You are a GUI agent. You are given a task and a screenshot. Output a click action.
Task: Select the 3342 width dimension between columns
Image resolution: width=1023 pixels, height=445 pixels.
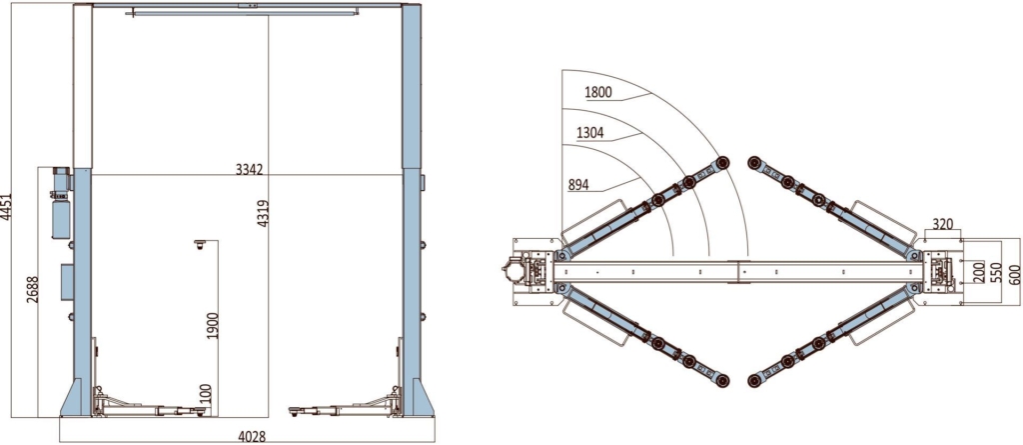pyautogui.click(x=249, y=170)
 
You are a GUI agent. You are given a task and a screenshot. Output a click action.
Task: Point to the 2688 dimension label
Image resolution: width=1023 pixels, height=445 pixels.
pyautogui.click(x=33, y=289)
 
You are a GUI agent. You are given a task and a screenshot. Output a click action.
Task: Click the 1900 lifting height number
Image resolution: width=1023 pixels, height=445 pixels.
pyautogui.click(x=213, y=325)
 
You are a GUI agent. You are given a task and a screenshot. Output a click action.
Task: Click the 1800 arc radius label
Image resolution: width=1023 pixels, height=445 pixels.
pyautogui.click(x=598, y=92)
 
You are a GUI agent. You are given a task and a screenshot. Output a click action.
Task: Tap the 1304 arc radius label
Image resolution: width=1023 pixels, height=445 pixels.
pyautogui.click(x=590, y=133)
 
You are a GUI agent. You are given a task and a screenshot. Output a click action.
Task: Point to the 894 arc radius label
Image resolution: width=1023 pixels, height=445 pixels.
pyautogui.click(x=578, y=185)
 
